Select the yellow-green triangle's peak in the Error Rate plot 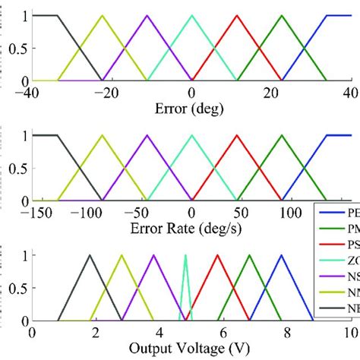pyautogui.click(x=100, y=136)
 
